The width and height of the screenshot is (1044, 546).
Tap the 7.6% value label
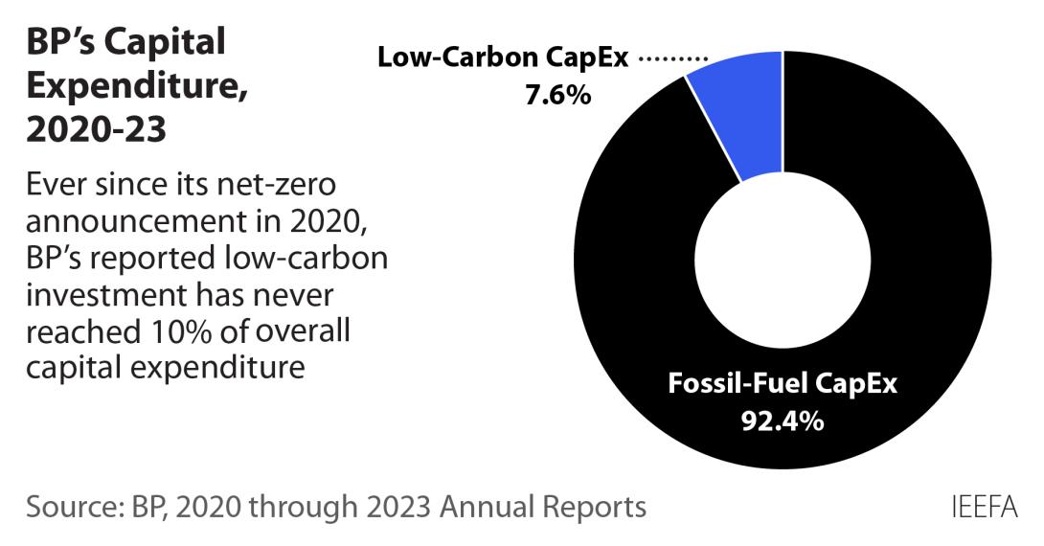(x=557, y=96)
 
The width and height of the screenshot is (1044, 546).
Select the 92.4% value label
(x=783, y=421)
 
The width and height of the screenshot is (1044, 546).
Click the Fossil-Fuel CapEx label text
(x=783, y=386)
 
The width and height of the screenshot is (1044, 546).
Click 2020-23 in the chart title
(x=96, y=130)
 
